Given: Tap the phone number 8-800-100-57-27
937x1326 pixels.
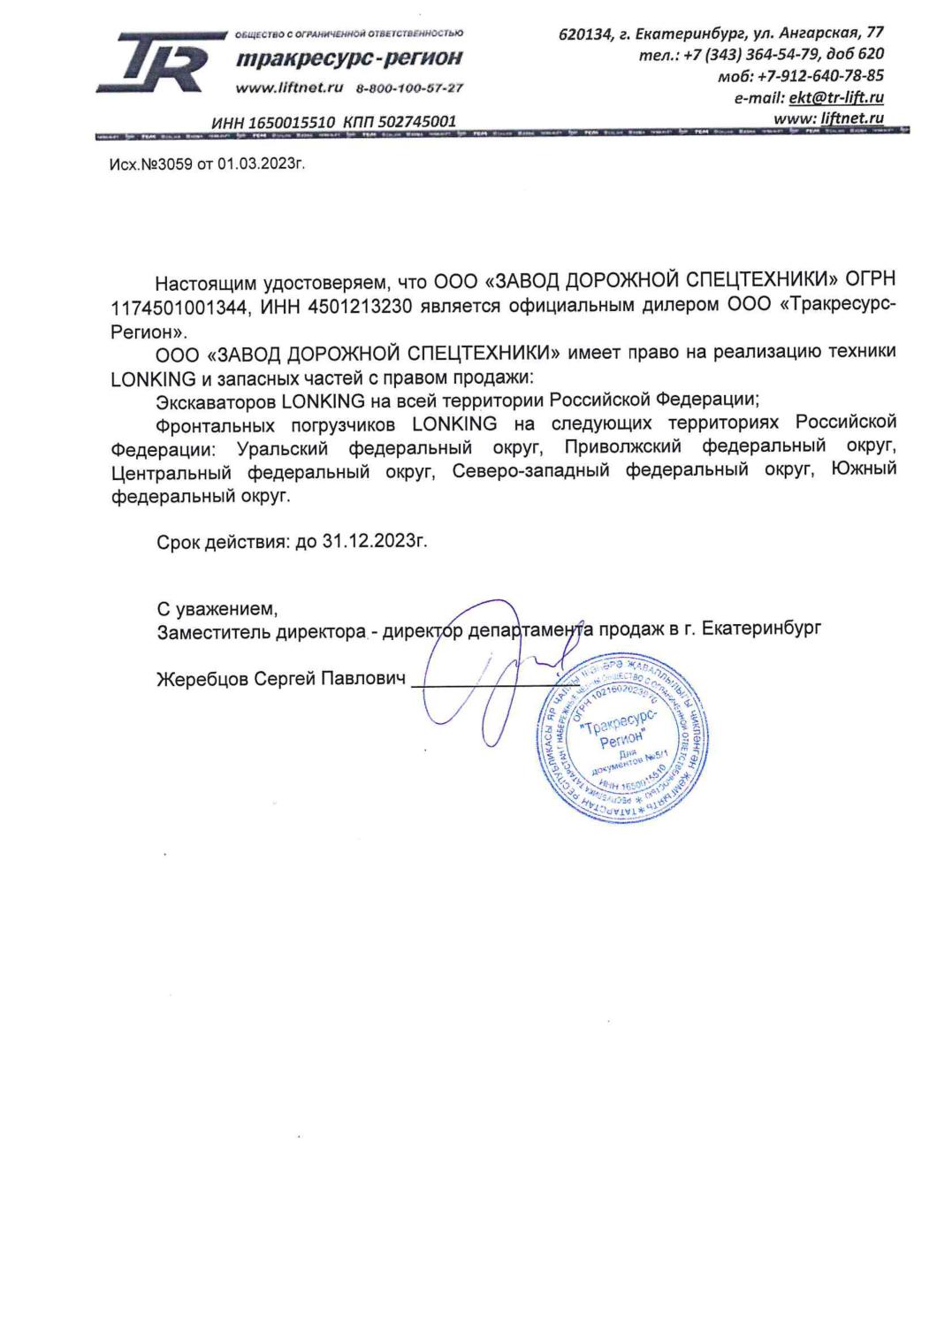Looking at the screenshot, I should click(x=409, y=89).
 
